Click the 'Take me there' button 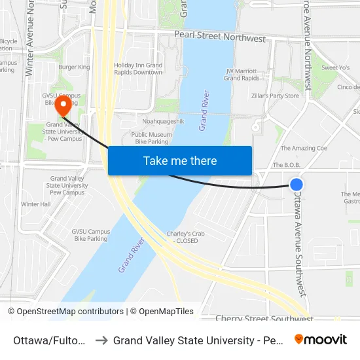(180, 161)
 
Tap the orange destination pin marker (63, 105)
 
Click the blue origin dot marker (297, 185)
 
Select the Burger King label (74, 67)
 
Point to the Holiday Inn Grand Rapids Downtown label (138, 69)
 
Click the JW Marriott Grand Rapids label (242, 75)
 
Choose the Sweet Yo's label (334, 67)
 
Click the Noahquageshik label (164, 122)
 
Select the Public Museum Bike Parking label (151, 138)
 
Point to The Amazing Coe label (304, 149)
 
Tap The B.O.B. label (286, 166)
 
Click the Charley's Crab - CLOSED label (182, 237)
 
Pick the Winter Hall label (35, 204)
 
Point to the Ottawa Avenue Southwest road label (299, 242)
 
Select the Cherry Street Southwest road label (264, 318)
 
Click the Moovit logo (321, 339)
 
